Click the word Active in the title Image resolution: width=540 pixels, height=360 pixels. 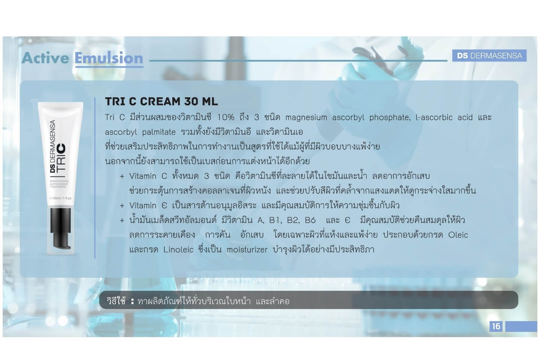point(45,58)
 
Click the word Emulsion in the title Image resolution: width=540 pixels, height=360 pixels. point(109,58)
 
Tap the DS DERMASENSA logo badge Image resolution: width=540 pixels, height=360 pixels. point(489,56)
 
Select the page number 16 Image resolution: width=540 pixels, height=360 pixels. point(496,326)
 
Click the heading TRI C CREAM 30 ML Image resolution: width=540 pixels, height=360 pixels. point(161,101)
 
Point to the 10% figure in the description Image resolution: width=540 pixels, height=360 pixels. point(226,118)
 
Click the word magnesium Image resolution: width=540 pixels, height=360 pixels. point(306,118)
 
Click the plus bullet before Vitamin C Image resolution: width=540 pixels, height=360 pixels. point(122,176)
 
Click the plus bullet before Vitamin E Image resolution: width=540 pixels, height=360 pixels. point(122,206)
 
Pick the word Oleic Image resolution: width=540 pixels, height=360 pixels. point(458,235)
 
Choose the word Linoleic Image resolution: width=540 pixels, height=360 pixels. point(178,249)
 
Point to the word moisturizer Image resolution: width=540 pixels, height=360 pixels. point(247,250)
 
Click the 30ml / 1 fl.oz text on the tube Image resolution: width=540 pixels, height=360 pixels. point(61,198)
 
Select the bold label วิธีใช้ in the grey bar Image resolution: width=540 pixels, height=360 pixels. point(116,300)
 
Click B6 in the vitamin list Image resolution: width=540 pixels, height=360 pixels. point(310,220)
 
